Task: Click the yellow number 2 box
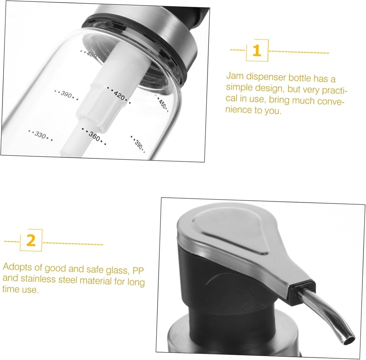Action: tap(31, 241)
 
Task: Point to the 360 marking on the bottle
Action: tap(94, 136)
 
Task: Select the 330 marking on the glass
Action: tap(40, 135)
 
